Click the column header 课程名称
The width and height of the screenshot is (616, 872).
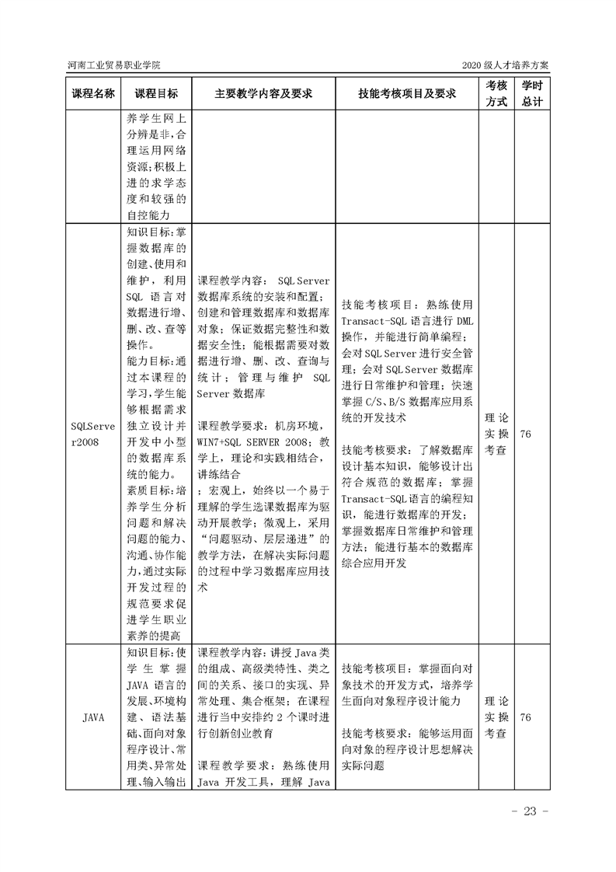coord(93,93)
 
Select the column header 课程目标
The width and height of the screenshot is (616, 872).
coord(155,93)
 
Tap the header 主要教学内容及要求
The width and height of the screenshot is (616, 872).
coord(263,93)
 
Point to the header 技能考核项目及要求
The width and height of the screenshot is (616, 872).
coord(406,93)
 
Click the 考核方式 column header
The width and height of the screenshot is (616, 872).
coord(496,93)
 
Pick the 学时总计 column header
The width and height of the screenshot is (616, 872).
coord(532,93)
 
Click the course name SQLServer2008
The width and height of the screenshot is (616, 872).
coord(93,433)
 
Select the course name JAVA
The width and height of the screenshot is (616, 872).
coord(93,717)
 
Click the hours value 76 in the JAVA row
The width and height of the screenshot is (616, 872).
coord(525,717)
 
